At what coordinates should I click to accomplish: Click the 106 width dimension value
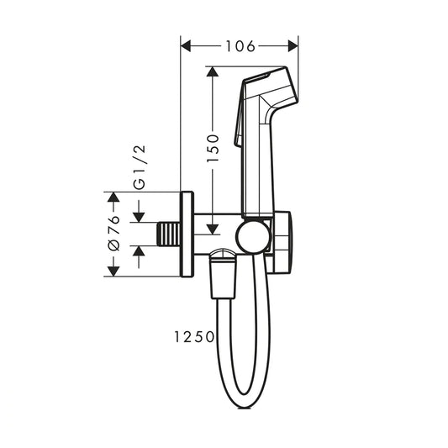tap(240, 46)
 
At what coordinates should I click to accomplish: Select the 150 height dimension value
tap(213, 148)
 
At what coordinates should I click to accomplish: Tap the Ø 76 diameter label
tap(114, 234)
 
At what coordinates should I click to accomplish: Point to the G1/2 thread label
tap(140, 167)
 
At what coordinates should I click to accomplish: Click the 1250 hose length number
tap(194, 336)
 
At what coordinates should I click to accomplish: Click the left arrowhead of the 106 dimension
tap(186, 46)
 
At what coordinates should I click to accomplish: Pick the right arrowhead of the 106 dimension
tap(293, 46)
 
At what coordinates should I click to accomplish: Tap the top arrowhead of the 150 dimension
tap(213, 71)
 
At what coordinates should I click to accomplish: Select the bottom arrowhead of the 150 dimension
tap(213, 229)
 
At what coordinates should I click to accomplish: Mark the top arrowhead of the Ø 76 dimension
tap(113, 197)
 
